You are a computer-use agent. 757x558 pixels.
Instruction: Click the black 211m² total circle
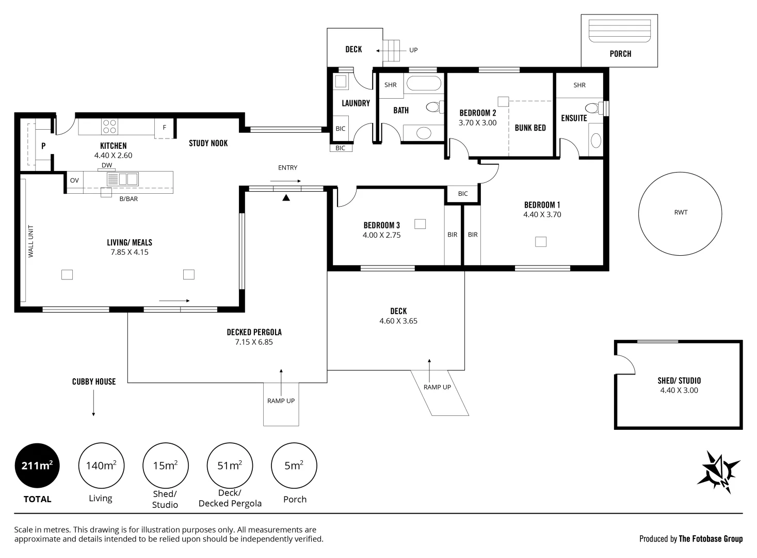[37, 466]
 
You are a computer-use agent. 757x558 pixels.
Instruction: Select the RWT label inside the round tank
[681, 212]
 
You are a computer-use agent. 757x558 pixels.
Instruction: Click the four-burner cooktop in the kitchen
[109, 127]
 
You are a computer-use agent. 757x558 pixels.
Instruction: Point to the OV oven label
[74, 180]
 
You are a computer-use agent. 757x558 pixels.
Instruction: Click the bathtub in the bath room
[424, 83]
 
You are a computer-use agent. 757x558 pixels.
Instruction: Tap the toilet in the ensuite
[594, 108]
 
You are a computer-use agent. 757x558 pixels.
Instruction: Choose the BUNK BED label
[530, 128]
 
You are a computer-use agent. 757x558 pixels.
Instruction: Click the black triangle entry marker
[286, 197]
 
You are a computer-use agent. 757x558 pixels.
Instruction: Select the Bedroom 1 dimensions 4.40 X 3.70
[542, 214]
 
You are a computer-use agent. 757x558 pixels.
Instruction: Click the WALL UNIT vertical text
[31, 241]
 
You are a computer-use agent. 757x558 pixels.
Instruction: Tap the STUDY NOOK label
[208, 143]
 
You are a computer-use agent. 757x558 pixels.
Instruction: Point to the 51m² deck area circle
[230, 466]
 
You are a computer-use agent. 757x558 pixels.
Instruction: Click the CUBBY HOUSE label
[94, 382]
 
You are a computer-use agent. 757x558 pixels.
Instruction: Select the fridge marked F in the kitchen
[164, 128]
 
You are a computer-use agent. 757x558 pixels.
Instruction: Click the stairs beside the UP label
[391, 51]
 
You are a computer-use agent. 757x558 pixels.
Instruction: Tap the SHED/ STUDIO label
[679, 381]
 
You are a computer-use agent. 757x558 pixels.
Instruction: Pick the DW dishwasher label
[107, 165]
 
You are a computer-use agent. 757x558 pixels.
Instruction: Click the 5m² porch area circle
[294, 466]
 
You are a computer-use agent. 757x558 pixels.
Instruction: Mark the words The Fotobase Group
[711, 539]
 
